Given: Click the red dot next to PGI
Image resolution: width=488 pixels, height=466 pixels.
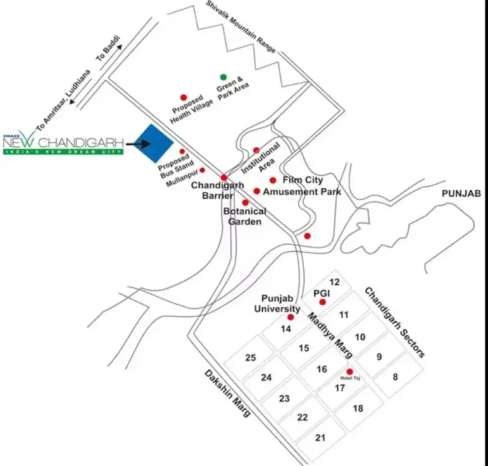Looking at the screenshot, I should point(322,302).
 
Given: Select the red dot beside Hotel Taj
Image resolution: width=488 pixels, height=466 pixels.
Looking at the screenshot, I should point(349,372).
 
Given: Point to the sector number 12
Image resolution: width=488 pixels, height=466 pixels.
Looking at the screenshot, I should point(335,282).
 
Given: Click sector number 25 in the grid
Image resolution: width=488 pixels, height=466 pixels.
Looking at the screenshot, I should point(250,358).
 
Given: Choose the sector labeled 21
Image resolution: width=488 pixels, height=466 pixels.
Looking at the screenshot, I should point(320,438).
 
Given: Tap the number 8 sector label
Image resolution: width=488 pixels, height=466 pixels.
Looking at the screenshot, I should point(395,377).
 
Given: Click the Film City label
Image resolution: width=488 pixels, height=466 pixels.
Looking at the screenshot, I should point(303,180).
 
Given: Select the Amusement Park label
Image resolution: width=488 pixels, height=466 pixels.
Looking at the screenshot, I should point(302,192).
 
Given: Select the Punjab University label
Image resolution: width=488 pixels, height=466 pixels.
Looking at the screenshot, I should point(276,304).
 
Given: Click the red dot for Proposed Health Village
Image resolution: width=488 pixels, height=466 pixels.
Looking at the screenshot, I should point(184,97).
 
